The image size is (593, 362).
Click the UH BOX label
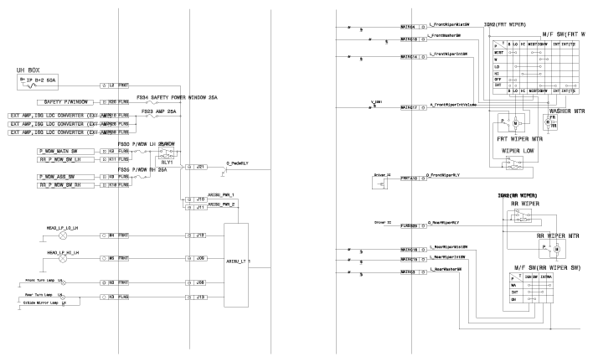point(30,70)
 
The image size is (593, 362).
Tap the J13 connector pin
point(200,297)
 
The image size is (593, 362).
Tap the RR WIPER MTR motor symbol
point(553,250)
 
